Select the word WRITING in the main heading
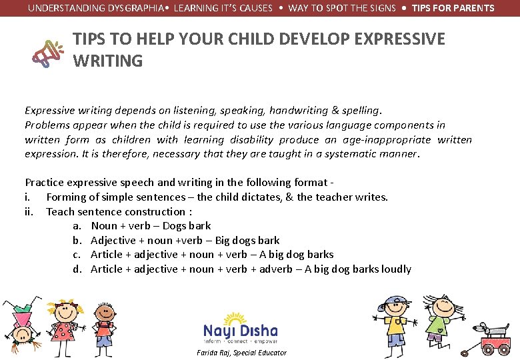tap(107, 61)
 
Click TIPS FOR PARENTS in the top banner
tap(453, 8)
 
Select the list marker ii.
tap(29, 211)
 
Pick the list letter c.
tap(77, 255)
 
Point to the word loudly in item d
tap(396, 269)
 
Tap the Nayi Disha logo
tap(241, 328)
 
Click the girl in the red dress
tap(65, 327)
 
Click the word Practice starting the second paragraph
tap(44, 182)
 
